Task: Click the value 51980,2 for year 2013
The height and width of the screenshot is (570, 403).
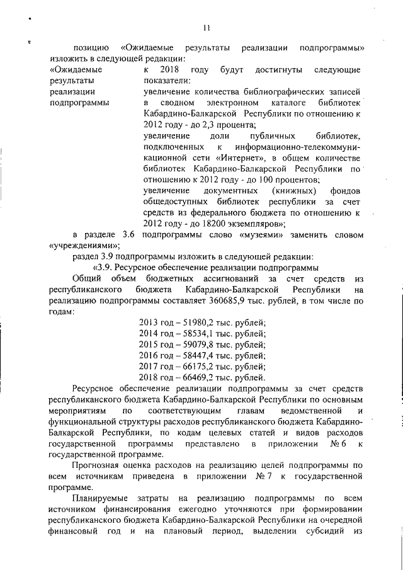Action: tap(194, 324)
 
